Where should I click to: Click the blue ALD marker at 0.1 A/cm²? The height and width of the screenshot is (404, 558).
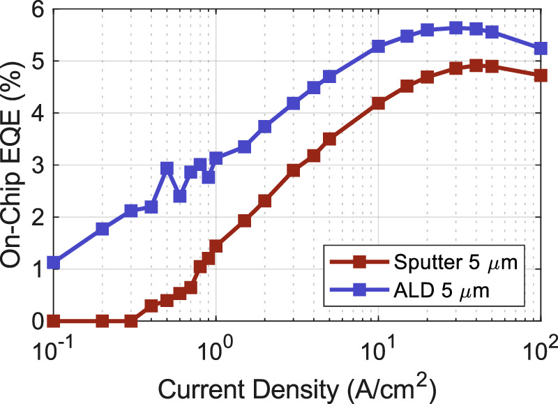(54, 263)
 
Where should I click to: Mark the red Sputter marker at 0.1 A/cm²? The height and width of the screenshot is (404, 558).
(54, 321)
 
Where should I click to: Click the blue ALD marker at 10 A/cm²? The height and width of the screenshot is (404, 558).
(379, 46)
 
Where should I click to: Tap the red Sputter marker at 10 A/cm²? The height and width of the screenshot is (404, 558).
(379, 103)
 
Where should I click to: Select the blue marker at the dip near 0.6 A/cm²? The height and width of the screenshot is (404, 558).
(180, 196)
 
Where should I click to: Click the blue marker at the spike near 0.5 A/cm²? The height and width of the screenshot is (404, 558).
(167, 168)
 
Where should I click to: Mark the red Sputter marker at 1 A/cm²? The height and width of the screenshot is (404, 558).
(216, 246)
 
